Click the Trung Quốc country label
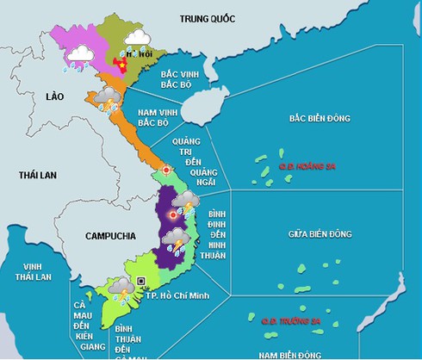(212, 18)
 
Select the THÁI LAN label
(37, 175)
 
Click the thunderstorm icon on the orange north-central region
(107, 98)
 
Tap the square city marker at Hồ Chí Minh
(141, 282)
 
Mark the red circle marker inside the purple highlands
(172, 214)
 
